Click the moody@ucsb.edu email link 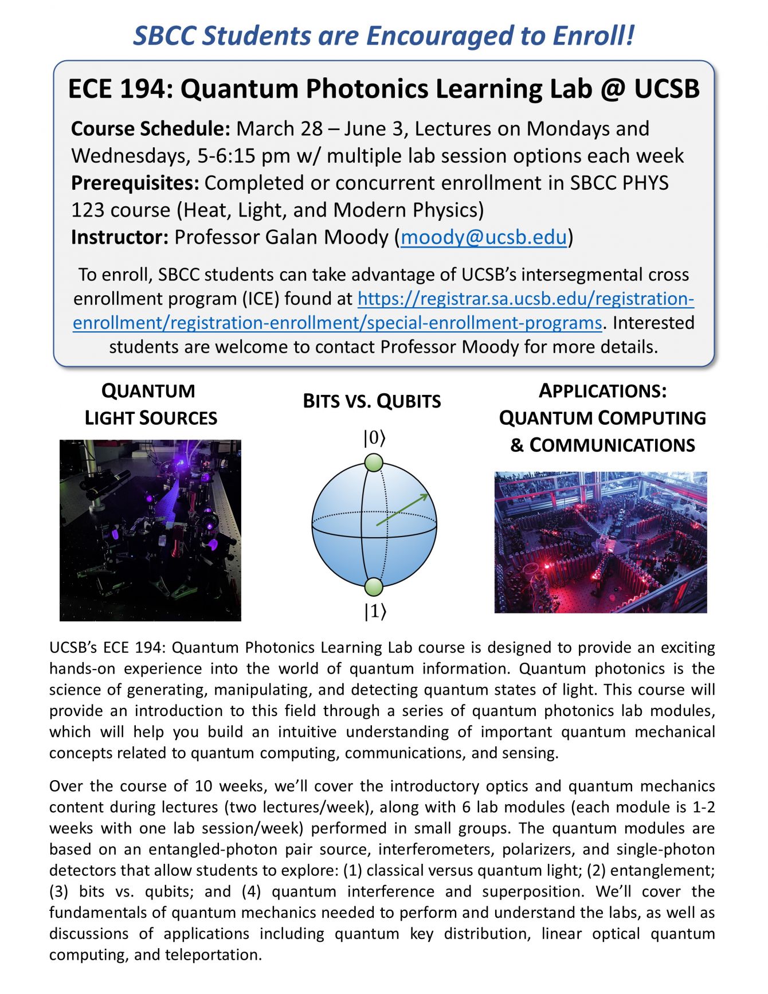pos(484,237)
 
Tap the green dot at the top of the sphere pos(373,463)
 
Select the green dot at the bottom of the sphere pos(373,587)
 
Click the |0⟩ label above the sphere pos(374,439)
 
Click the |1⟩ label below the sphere pos(375,612)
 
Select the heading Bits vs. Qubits pos(372,401)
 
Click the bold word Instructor pos(119,237)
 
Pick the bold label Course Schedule pos(151,129)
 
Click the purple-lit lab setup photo pos(150,530)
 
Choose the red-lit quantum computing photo pos(601,542)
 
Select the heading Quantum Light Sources pos(151,405)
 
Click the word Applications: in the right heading pos(602,392)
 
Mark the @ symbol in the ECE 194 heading pos(611,89)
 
